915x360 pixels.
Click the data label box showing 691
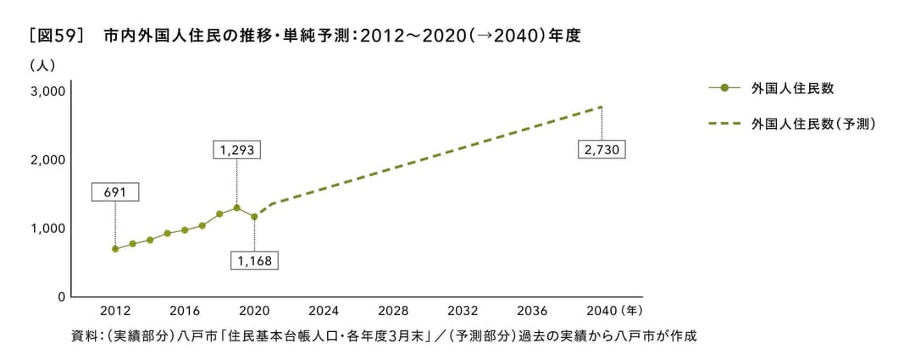point(115,192)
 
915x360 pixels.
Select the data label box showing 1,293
point(236,150)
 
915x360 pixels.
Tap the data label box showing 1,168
point(255,260)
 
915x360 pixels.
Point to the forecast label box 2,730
point(602,150)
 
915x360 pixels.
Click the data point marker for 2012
point(115,249)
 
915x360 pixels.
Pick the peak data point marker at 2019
point(236,208)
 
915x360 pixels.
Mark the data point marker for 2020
point(254,217)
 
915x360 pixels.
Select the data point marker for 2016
point(185,230)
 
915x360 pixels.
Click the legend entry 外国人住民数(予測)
point(812,125)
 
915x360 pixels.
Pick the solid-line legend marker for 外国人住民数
point(725,88)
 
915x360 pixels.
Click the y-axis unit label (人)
point(42,65)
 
